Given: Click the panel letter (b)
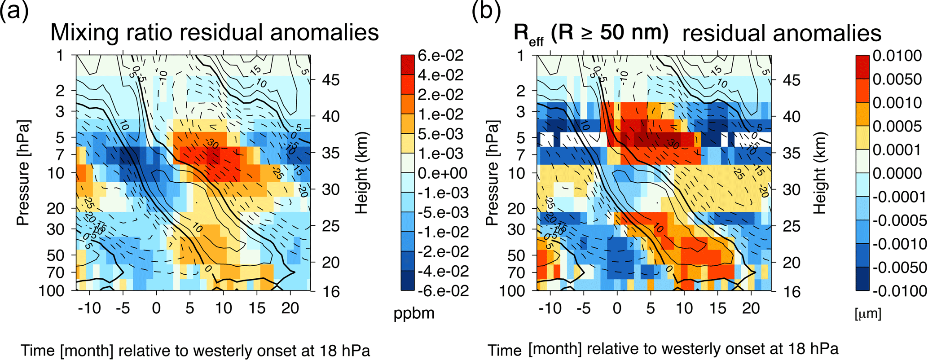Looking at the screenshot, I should (486, 11).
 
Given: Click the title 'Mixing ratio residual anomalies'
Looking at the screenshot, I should (215, 32).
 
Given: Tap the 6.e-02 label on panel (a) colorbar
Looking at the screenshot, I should (440, 56).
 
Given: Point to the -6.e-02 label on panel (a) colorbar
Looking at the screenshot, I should (443, 290).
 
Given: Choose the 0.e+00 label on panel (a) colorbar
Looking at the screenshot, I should (443, 173).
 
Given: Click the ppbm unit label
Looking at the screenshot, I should (414, 313).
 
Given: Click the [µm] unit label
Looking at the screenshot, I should (868, 313).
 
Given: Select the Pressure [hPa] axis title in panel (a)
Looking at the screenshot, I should (23, 173).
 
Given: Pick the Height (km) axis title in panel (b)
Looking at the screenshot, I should (820, 173).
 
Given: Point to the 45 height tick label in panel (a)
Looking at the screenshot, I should (331, 80).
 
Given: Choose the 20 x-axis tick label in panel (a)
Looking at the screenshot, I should (290, 308).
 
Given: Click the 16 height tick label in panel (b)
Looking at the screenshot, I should (792, 291).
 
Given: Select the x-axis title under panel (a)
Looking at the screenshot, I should (195, 350).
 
